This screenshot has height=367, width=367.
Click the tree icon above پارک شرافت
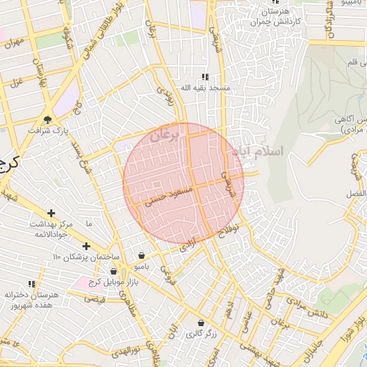[x=48, y=120]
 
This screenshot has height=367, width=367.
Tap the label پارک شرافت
[x=47, y=132]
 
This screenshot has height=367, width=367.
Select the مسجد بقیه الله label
[x=204, y=88]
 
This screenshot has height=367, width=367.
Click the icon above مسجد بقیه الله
[x=204, y=77]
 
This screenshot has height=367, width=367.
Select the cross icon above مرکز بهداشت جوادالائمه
[x=51, y=213]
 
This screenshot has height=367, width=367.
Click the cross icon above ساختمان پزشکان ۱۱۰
[x=86, y=246]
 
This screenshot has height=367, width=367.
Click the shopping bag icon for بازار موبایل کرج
[x=113, y=271]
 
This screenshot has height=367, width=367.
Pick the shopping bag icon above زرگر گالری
[x=201, y=323]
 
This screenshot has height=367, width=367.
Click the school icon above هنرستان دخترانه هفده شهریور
[x=30, y=284]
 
